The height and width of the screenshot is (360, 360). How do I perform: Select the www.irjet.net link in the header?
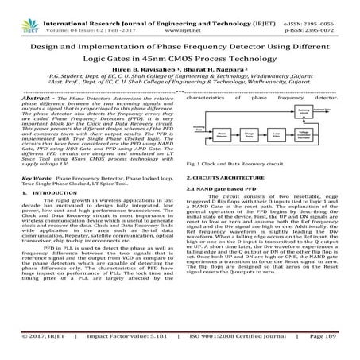click(182, 14)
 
